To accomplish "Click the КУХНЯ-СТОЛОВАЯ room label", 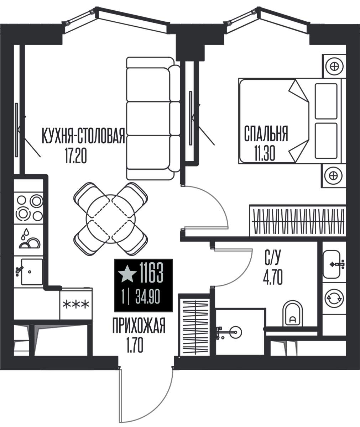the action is point(83,136).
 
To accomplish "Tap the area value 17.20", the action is point(76,155).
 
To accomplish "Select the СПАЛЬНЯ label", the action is point(266,133).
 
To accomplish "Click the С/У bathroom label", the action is point(273,258).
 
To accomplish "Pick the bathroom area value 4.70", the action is point(273,277).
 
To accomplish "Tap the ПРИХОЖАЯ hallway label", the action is point(139,326).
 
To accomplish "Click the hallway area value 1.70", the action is point(135,346).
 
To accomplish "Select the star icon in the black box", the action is point(127,274).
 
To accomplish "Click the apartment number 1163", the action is point(151,273).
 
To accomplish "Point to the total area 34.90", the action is point(147,297).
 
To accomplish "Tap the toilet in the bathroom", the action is point(293,313).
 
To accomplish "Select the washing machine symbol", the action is point(334,298).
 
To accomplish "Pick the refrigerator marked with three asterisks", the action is point(76,304).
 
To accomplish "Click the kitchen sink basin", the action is point(32,272).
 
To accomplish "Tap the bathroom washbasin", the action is point(332,264).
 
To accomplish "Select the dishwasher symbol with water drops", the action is point(29,240).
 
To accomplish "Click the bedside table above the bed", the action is point(334,66).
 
